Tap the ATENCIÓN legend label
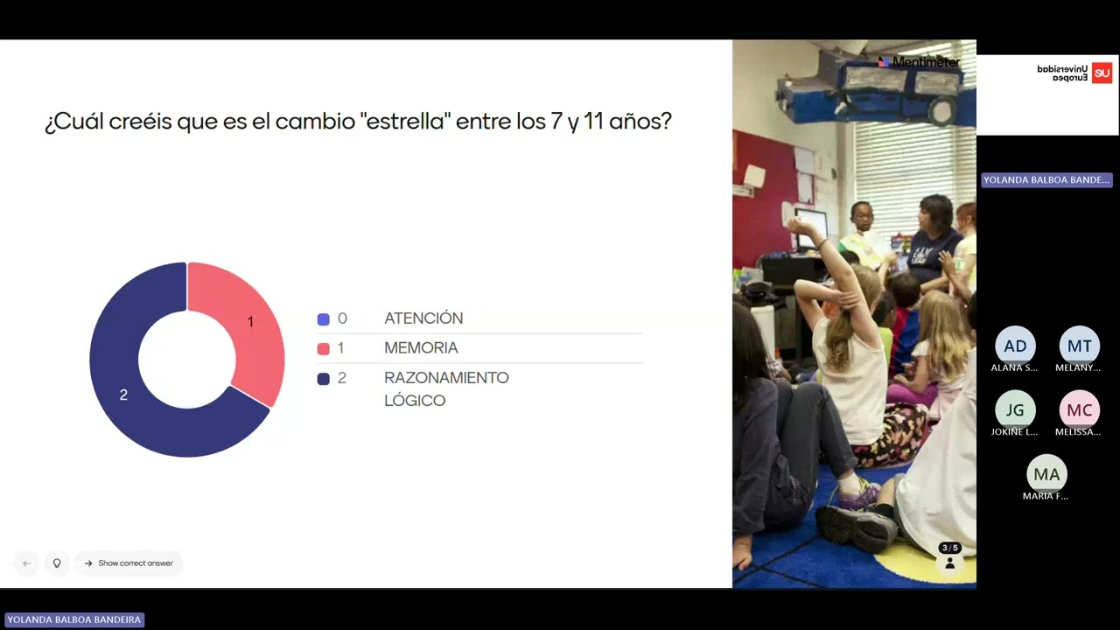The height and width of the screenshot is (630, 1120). coord(423,318)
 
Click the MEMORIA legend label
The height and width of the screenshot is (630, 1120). coord(421,347)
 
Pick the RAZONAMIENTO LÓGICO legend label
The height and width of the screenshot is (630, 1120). coord(446,388)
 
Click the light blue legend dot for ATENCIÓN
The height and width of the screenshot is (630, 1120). coord(324,319)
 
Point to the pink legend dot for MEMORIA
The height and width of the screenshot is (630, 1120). coord(324,348)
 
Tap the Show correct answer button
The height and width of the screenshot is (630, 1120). coord(129,563)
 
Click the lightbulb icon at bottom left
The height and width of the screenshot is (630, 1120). coord(57,563)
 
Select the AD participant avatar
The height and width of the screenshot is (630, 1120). coord(1015,346)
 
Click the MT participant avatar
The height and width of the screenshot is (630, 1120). coord(1079,346)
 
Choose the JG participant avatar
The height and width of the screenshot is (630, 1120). coord(1015,409)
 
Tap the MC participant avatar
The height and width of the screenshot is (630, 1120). coord(1079,409)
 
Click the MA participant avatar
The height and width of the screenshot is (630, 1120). coord(1046,474)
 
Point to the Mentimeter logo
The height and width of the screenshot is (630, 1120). coord(919,62)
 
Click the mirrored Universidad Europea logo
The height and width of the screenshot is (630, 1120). coord(1074,73)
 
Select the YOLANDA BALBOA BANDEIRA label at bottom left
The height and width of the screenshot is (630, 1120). coord(73,619)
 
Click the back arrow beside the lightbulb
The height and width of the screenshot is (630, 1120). coord(26,563)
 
